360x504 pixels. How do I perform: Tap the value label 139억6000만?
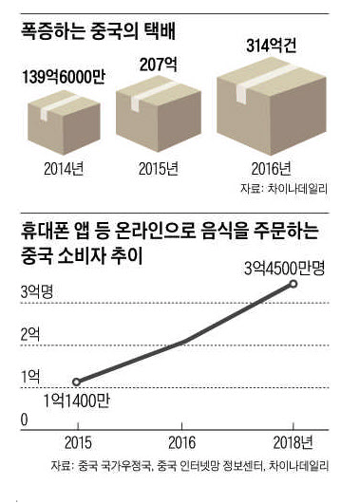60,76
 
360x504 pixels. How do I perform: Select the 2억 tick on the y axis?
31,333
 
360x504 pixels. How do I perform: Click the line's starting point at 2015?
77,381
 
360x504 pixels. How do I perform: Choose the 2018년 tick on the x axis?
303,442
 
